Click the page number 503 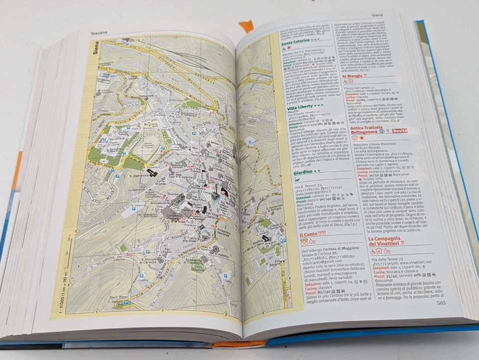click(x=441, y=302)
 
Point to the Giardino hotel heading click(x=306, y=172)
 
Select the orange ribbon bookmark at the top click(x=245, y=26)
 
